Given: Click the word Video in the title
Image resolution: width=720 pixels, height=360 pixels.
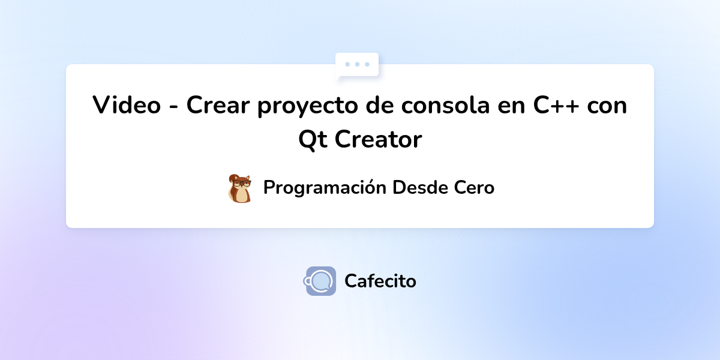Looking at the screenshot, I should [126, 106].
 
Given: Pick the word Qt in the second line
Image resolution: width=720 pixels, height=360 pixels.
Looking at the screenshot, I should [312, 140].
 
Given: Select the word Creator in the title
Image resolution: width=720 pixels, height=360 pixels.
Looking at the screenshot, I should [378, 140].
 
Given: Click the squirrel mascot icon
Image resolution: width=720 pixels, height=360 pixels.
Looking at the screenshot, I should [240, 188].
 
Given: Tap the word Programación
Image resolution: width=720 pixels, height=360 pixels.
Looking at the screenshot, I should [325, 188].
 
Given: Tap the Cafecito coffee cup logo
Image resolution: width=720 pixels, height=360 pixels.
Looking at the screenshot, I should [320, 281].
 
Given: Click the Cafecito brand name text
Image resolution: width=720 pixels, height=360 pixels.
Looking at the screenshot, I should [380, 281].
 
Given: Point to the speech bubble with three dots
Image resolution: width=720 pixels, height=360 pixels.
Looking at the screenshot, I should [357, 65].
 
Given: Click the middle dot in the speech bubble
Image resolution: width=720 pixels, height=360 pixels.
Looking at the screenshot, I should [357, 64].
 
